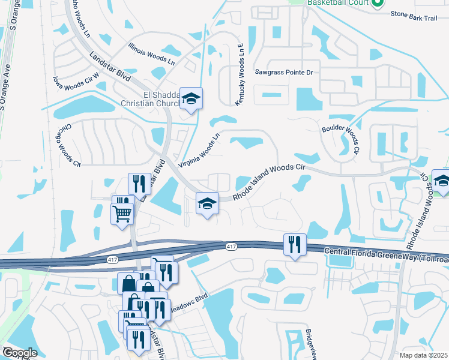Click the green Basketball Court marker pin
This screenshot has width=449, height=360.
pyautogui.click(x=378, y=4)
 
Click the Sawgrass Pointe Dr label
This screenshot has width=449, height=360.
pyautogui.click(x=285, y=72)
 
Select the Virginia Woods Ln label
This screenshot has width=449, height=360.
pyautogui.click(x=200, y=150)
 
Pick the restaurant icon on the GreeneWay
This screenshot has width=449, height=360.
pyautogui.click(x=294, y=244)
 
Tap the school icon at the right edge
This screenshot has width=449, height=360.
pyautogui.click(x=441, y=181)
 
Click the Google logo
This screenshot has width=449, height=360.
pyautogui.click(x=19, y=353)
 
